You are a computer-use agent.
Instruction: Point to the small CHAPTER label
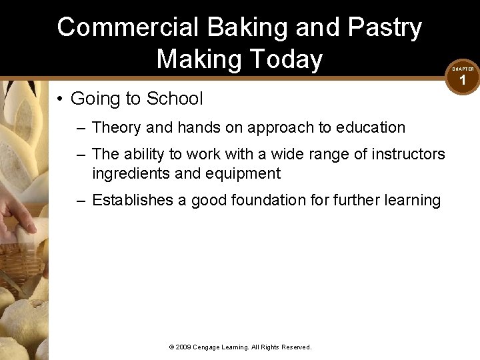click(463, 69)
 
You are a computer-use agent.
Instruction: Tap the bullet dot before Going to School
click(59, 99)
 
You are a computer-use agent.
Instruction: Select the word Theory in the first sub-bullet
click(115, 127)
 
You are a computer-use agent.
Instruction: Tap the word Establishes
click(133, 200)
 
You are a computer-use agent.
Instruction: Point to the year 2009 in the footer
click(183, 347)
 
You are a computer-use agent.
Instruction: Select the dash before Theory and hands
click(81, 127)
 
